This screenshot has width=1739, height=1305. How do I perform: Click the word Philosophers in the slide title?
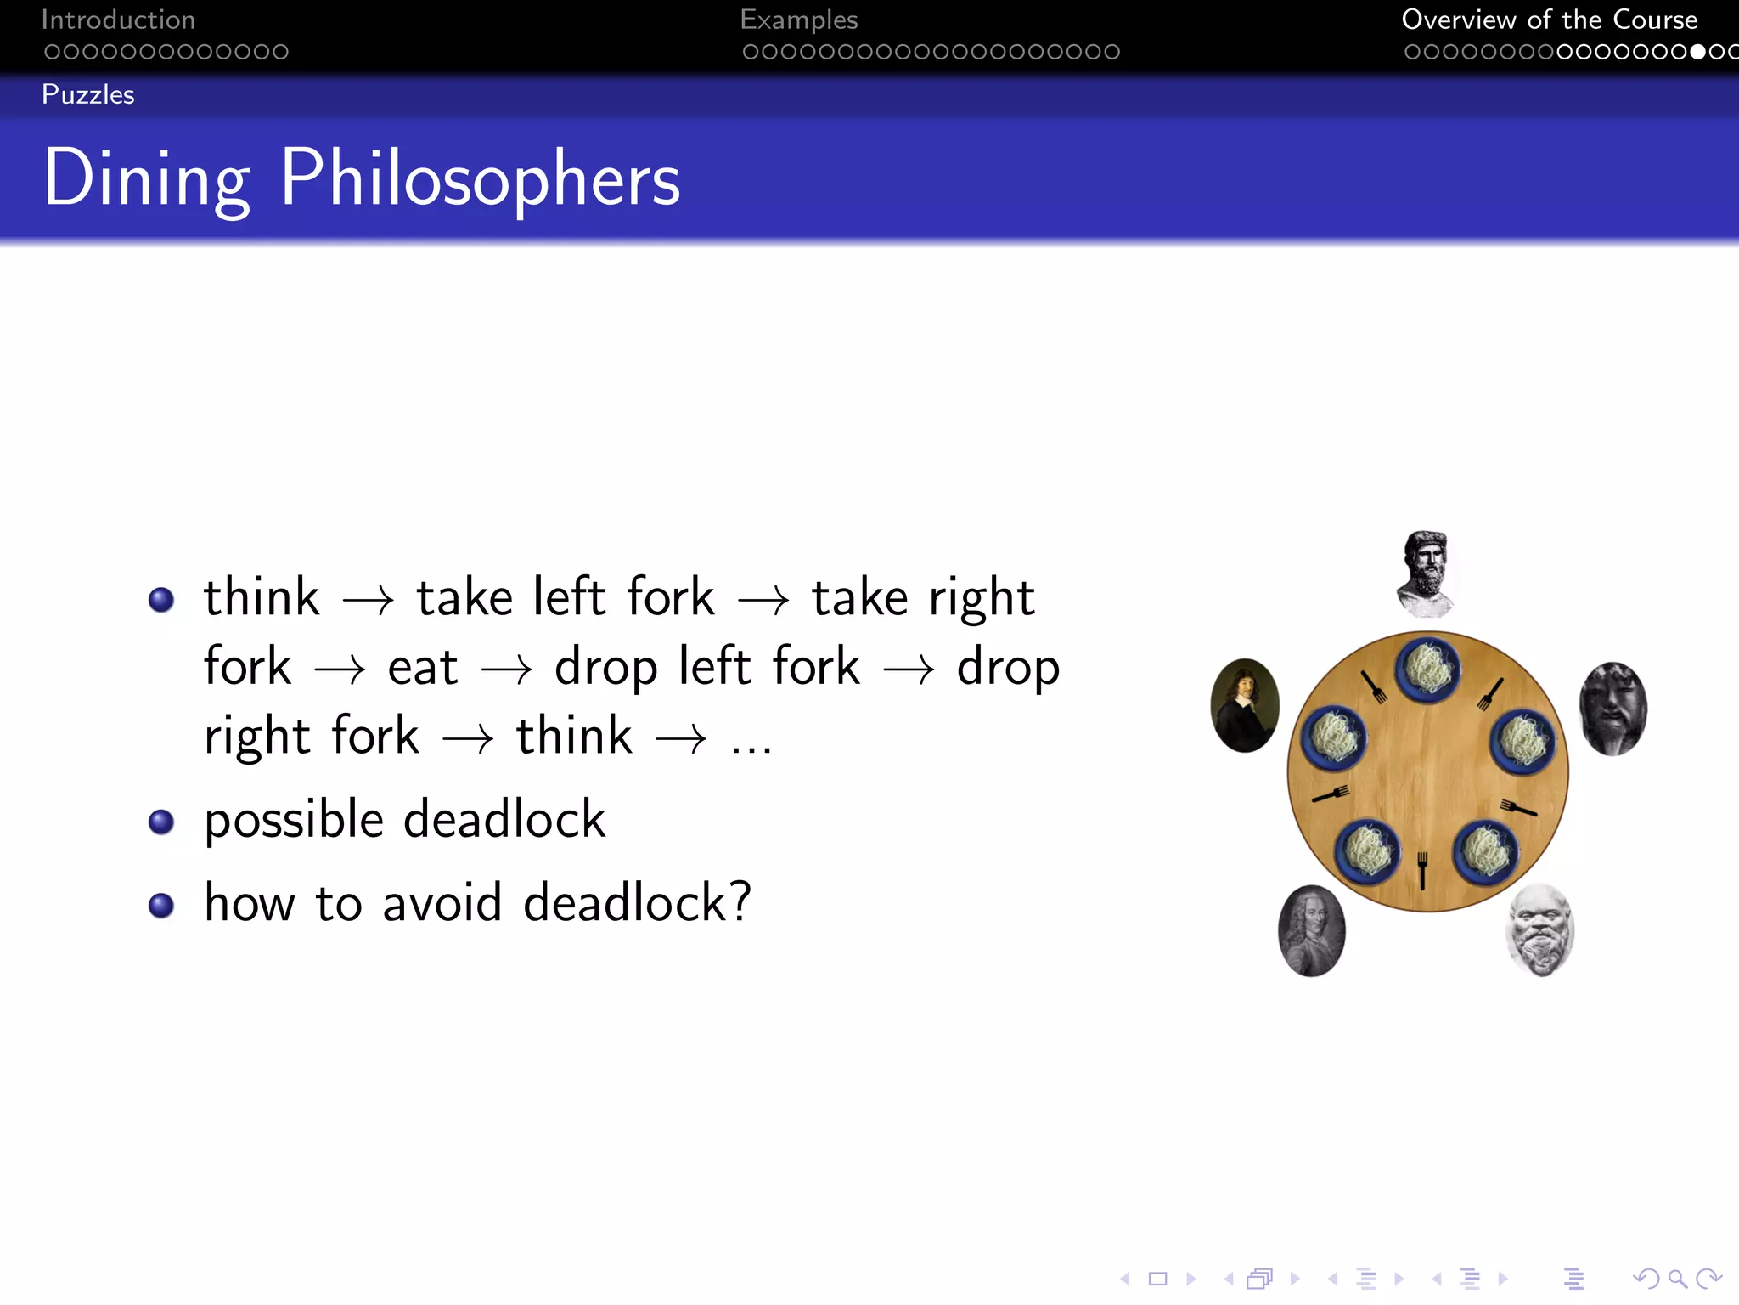[x=480, y=178]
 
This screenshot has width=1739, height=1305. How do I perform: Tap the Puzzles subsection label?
[x=87, y=94]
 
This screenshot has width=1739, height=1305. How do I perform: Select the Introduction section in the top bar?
[x=118, y=20]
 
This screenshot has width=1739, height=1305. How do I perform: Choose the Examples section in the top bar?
[x=798, y=20]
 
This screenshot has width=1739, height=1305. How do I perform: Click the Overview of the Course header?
[x=1549, y=20]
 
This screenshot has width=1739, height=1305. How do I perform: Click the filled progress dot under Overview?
[x=1697, y=52]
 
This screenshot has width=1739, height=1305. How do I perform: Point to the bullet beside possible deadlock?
[x=160, y=822]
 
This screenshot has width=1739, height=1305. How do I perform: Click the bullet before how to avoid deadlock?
[x=160, y=905]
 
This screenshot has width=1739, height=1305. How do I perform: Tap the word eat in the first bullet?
[x=422, y=668]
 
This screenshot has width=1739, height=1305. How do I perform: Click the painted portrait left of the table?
[x=1245, y=705]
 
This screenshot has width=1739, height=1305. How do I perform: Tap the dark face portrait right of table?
[x=1612, y=709]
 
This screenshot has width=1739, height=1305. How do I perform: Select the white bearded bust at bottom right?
[x=1539, y=930]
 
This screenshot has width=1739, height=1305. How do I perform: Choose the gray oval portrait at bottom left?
[x=1311, y=931]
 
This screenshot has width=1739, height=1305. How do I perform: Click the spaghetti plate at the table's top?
[x=1428, y=669]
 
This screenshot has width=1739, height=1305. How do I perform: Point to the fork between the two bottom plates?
[x=1422, y=869]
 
